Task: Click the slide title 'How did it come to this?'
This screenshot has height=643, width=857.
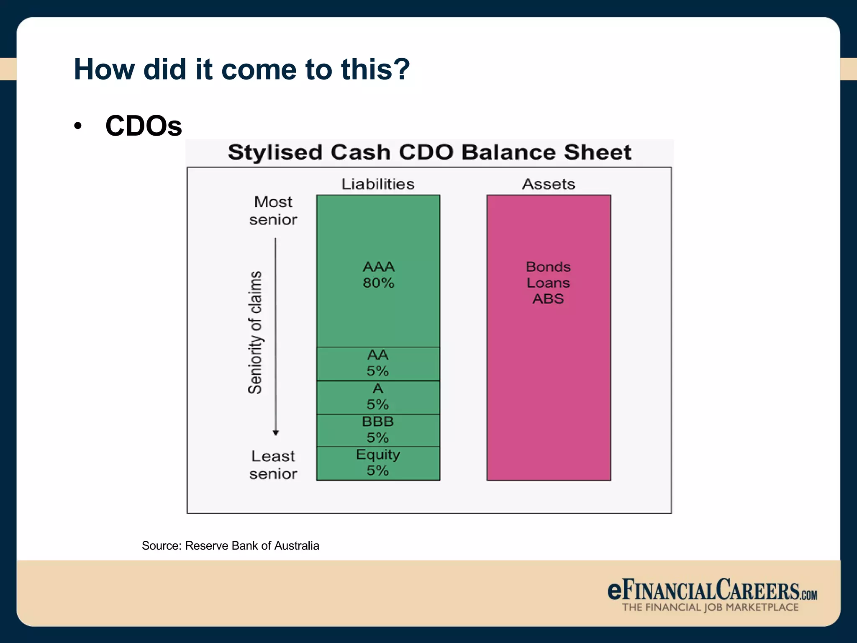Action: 241,69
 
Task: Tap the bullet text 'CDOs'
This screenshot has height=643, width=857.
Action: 144,126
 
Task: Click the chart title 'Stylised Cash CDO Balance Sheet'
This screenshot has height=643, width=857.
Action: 429,152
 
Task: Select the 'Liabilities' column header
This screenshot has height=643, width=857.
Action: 378,184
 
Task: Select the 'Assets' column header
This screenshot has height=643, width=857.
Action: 549,184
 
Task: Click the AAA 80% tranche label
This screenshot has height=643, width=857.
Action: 378,275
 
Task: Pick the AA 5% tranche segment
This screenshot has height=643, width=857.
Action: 378,363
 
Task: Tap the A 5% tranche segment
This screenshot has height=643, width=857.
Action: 378,397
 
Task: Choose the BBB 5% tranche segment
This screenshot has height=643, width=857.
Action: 378,430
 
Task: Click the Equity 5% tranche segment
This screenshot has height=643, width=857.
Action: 378,463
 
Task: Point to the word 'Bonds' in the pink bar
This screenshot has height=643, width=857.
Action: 548,267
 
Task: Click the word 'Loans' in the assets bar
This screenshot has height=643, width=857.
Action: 548,283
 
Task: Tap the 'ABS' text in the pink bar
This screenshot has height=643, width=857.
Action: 548,299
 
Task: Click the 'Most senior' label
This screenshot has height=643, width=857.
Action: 273,211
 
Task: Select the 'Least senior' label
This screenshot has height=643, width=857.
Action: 273,465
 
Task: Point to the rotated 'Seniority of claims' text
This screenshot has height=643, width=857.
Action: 255,332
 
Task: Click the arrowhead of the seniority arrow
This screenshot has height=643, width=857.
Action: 275,433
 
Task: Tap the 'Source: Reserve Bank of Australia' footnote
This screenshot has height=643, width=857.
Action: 230,546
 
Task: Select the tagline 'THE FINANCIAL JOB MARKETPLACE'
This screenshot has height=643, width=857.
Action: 710,607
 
